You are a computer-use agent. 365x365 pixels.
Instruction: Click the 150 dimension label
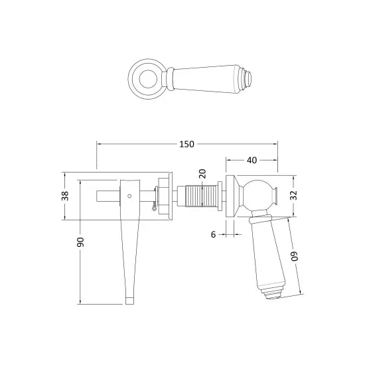tap(186, 144)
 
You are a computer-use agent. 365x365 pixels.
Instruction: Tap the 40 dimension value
tap(252, 160)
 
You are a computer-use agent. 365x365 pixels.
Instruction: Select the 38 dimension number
tap(65, 196)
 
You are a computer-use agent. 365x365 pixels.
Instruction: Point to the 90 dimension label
tap(81, 242)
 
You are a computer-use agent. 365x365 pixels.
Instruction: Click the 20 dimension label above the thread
tap(202, 174)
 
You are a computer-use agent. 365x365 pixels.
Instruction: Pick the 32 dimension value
tap(294, 195)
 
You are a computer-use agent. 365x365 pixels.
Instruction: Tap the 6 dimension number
tap(213, 235)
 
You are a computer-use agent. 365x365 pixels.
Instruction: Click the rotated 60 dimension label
tap(294, 256)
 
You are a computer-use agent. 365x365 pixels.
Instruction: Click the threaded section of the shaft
tap(202, 196)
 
